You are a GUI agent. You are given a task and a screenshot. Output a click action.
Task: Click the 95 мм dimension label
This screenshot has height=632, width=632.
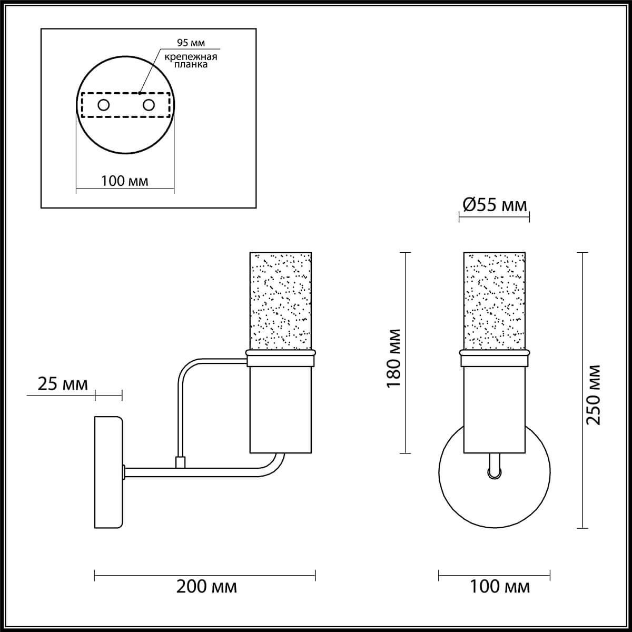tap(191, 43)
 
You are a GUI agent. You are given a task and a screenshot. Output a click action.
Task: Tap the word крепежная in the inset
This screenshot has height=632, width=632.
tap(191, 57)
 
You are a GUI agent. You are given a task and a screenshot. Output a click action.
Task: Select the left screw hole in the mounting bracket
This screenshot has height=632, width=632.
tap(104, 105)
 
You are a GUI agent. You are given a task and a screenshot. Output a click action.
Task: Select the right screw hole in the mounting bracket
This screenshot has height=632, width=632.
tap(149, 105)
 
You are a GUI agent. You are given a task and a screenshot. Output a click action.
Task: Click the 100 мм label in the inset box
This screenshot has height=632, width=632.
tap(125, 181)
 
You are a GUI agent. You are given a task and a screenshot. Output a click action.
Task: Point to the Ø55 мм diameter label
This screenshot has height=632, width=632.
tap(495, 205)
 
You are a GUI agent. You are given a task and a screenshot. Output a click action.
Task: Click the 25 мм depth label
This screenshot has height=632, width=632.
tap(63, 384)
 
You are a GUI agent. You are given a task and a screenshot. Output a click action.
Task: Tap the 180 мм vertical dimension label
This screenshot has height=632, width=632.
tap(393, 359)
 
